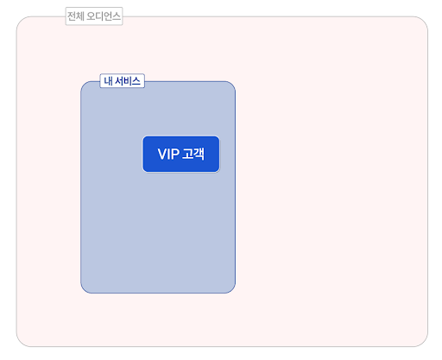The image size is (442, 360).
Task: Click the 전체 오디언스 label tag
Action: coord(94,16)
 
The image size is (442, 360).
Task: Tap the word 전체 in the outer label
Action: coord(76,16)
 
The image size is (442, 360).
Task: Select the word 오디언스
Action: coord(104,16)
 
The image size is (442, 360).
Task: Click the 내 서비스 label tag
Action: coord(122,81)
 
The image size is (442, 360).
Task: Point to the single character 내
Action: coord(109,81)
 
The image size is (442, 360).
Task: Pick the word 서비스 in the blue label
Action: coord(128,81)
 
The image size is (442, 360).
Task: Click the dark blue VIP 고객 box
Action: coord(181,155)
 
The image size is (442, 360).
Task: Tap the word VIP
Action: coord(168,155)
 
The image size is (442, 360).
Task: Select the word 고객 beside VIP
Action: coord(193,154)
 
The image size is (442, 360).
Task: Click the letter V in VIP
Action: coord(162,155)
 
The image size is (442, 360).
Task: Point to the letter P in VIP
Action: coord(175,155)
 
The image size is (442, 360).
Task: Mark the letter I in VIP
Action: coord(168,155)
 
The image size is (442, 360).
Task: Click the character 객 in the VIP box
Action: coord(199,154)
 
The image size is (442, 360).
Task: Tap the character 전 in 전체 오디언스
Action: coord(72,16)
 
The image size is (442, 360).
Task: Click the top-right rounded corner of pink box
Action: coord(424,21)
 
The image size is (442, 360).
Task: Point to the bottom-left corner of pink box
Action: coord(20,343)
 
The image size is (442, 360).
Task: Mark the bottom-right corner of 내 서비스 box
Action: coord(232,290)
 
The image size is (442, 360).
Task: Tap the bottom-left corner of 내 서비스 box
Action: coord(84,290)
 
